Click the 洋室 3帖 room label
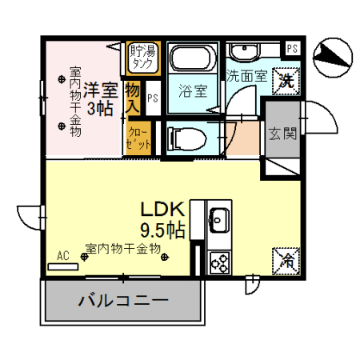click(x=100, y=98)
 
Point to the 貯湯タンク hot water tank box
click(x=144, y=56)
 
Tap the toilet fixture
click(x=186, y=138)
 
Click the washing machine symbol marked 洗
click(x=285, y=80)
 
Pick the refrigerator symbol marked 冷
click(x=286, y=259)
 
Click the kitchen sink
click(x=218, y=218)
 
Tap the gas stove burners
click(x=218, y=260)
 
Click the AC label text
click(x=63, y=256)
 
